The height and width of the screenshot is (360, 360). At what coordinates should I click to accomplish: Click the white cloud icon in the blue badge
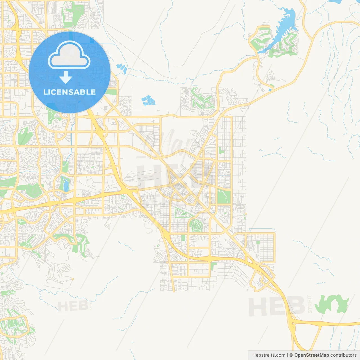[x=69, y=55]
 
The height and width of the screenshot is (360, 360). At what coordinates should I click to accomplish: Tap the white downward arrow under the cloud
[x=66, y=77]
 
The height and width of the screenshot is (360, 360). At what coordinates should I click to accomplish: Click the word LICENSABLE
[x=69, y=92]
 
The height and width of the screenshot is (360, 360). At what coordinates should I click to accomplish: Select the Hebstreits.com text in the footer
[x=269, y=355]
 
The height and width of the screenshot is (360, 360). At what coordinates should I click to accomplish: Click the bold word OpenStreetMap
[x=311, y=355]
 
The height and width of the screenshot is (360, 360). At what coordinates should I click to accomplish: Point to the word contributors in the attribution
[x=343, y=355]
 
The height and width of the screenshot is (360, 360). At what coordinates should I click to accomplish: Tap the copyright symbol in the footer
[x=291, y=355]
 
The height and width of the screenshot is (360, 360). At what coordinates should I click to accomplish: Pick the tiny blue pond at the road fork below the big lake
[x=270, y=90]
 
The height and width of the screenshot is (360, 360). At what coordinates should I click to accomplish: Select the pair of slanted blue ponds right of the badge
[x=122, y=68]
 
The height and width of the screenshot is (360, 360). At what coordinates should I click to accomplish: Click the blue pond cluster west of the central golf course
[x=148, y=100]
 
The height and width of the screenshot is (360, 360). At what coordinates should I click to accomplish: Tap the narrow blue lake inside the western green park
[x=66, y=184]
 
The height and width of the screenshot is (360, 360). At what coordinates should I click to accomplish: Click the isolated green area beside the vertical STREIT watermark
[x=332, y=304]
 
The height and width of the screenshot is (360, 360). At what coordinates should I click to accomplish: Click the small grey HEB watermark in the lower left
[x=73, y=306]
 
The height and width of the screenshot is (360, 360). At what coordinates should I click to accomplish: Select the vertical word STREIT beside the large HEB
[x=310, y=304]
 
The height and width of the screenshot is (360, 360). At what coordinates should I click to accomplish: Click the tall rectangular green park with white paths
[x=224, y=197]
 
